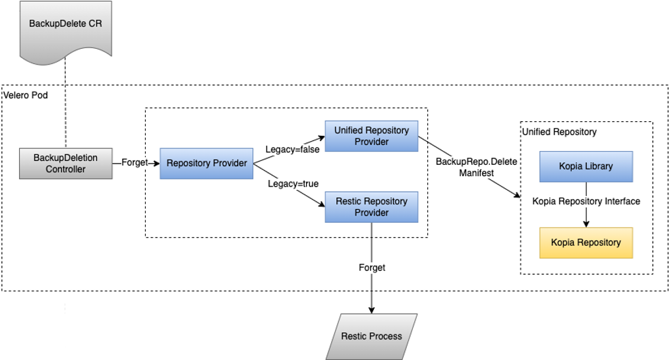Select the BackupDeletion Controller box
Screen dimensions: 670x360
pyautogui.click(x=66, y=164)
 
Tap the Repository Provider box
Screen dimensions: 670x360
pyautogui.click(x=206, y=164)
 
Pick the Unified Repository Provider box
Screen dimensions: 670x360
pyautogui.click(x=371, y=136)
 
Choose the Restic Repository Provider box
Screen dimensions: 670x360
pyautogui.click(x=371, y=207)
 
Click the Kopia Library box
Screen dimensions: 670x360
pyautogui.click(x=586, y=167)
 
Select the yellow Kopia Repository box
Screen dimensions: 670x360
pyautogui.click(x=586, y=243)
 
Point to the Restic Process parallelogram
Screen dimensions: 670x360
pyautogui.click(x=371, y=336)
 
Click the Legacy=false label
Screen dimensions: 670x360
pyautogui.click(x=293, y=150)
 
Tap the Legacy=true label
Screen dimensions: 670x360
pyautogui.click(x=293, y=184)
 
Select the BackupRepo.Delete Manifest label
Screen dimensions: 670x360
pyautogui.click(x=476, y=167)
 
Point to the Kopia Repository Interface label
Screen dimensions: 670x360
pyautogui.click(x=586, y=201)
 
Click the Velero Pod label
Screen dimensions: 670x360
pyautogui.click(x=26, y=95)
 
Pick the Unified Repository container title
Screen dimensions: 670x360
pyautogui.click(x=559, y=132)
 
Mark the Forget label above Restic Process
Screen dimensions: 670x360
pyautogui.click(x=372, y=268)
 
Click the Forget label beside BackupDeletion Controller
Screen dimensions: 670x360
pyautogui.click(x=134, y=163)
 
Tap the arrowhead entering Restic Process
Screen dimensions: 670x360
pyautogui.click(x=371, y=310)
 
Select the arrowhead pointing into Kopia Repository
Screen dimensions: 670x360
pyautogui.click(x=586, y=224)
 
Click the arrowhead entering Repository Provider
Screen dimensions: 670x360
pyautogui.click(x=156, y=163)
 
